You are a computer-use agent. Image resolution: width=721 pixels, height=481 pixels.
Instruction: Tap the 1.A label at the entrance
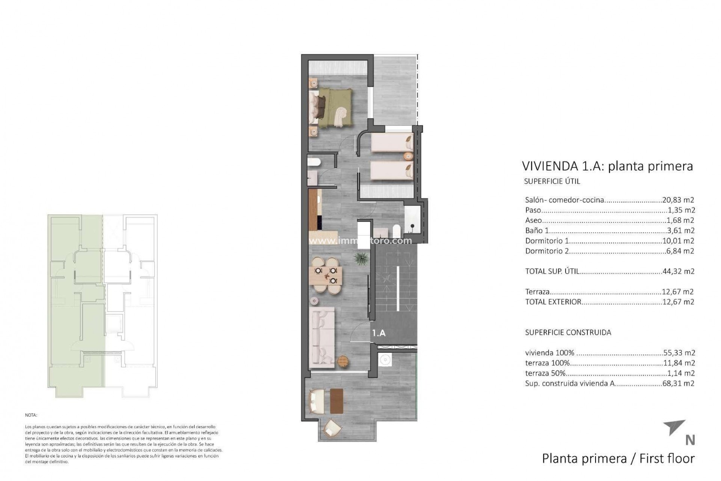[x=379, y=333]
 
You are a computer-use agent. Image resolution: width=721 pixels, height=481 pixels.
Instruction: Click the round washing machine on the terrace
[x=384, y=360]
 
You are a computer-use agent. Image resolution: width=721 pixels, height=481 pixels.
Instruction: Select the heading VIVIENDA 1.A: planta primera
[x=607, y=166]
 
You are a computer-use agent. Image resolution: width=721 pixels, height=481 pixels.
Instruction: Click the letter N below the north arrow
[x=690, y=440]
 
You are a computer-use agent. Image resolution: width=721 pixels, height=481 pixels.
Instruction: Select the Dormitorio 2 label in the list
[x=547, y=251]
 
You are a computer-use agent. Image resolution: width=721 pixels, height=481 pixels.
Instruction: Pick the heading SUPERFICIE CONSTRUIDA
[x=568, y=332]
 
